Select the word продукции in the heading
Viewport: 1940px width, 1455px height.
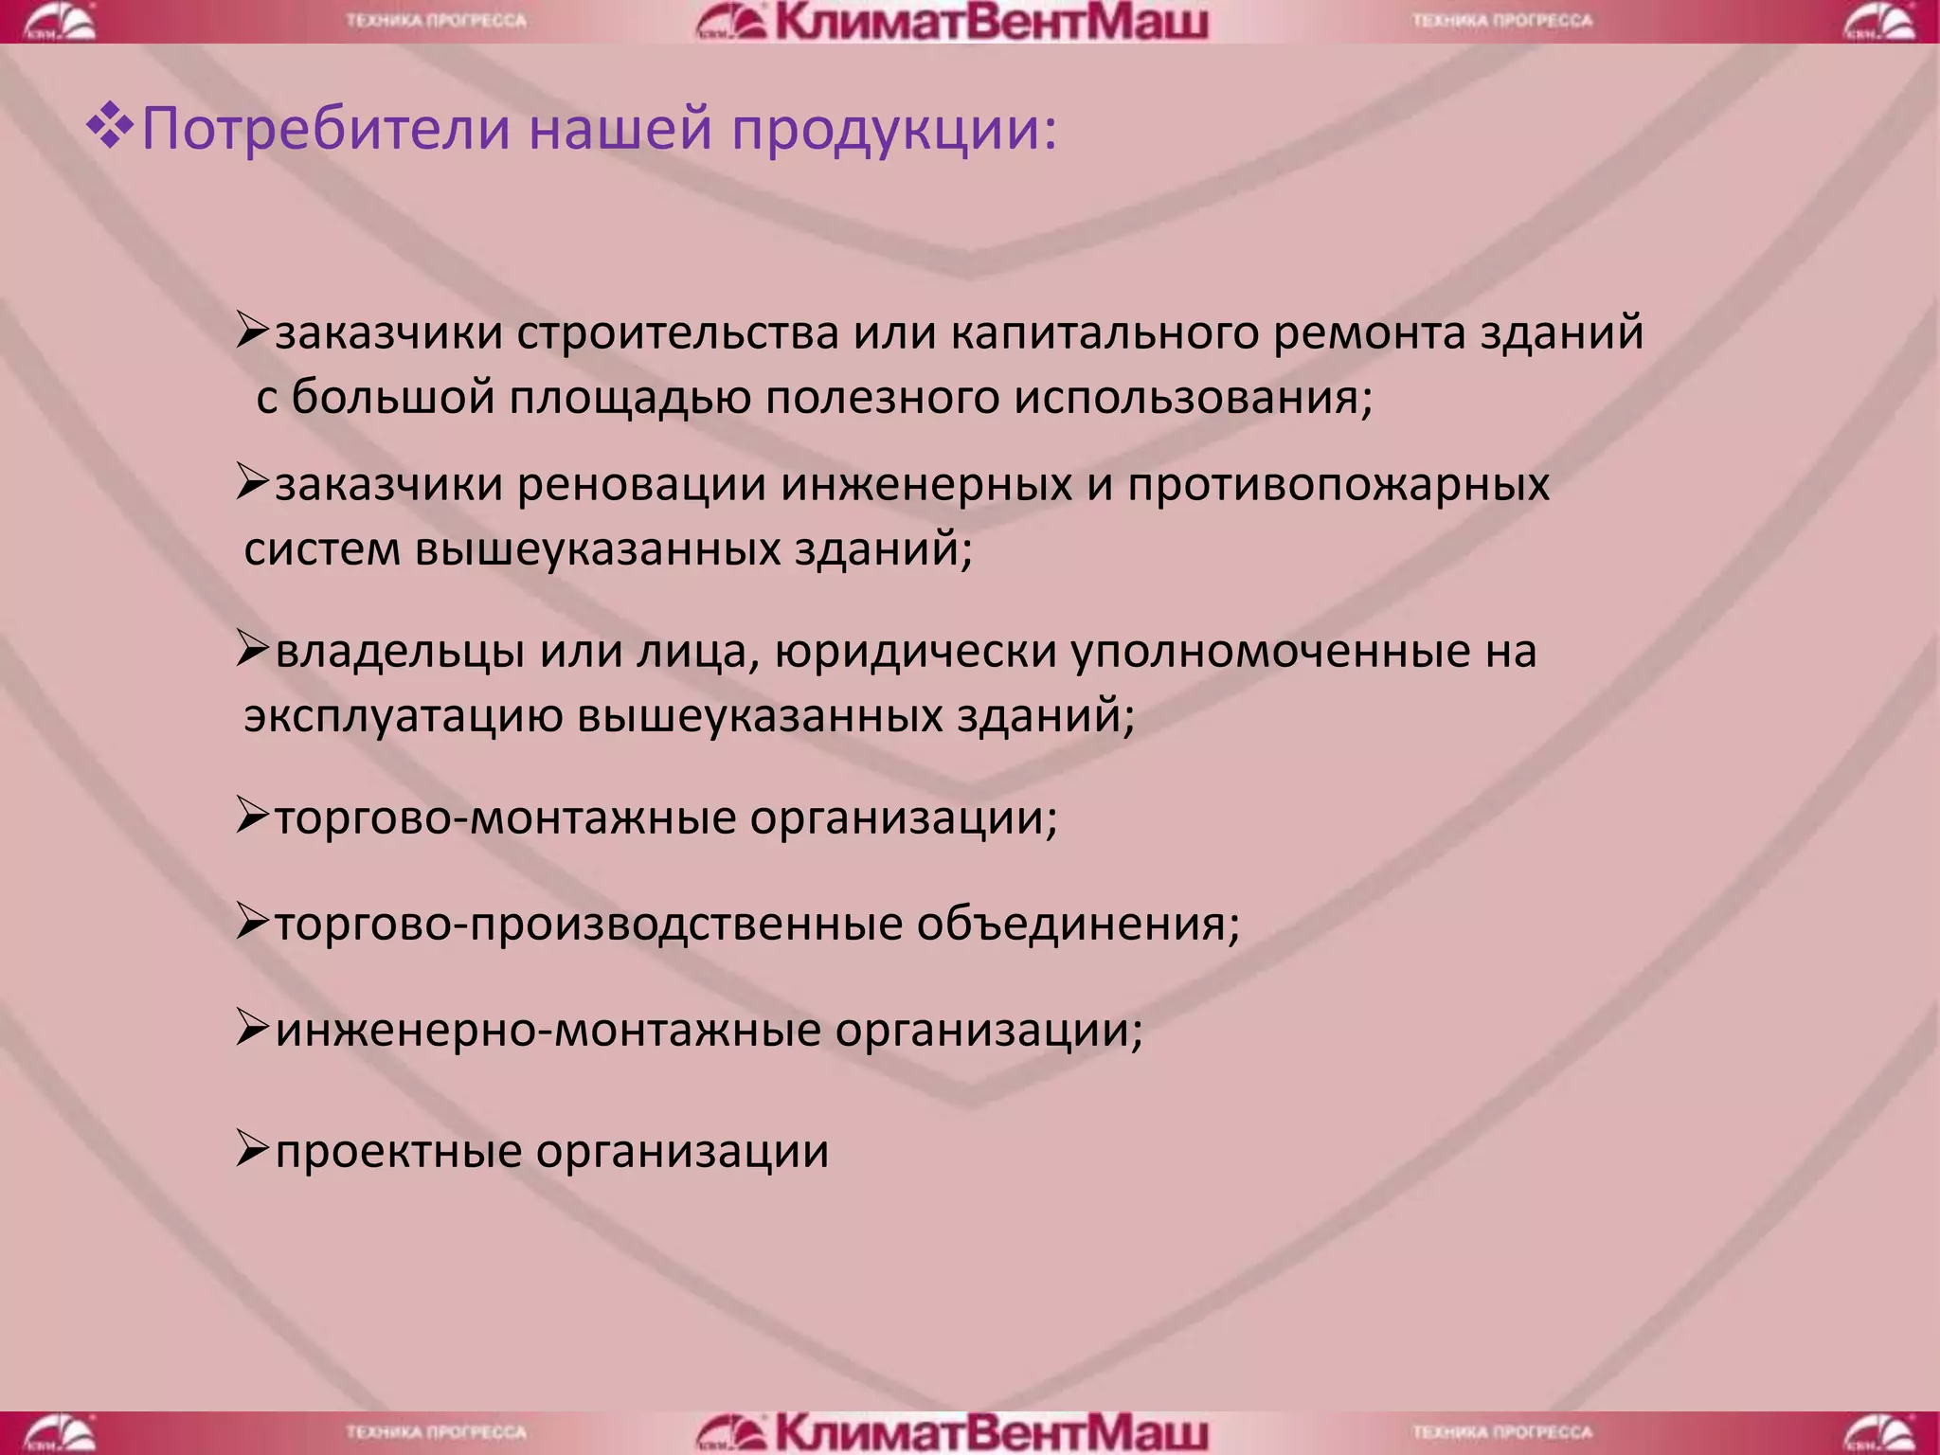[x=893, y=131]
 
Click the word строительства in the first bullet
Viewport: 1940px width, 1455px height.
[x=677, y=333]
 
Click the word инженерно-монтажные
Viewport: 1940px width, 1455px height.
[x=548, y=1031]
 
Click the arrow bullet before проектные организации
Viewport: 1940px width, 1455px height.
[x=253, y=1150]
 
